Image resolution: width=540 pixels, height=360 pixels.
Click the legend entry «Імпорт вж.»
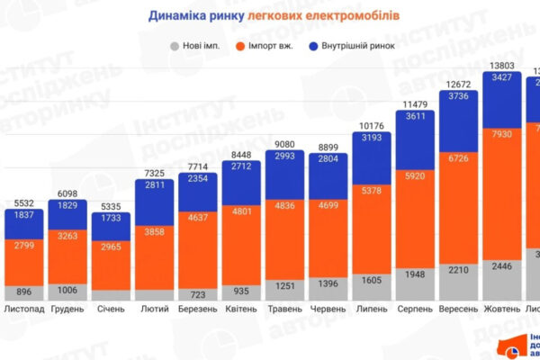point(273,44)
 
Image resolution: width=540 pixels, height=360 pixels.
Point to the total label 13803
point(505,66)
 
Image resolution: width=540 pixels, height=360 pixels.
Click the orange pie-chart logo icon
point(511,347)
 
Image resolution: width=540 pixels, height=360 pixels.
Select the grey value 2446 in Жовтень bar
point(505,267)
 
